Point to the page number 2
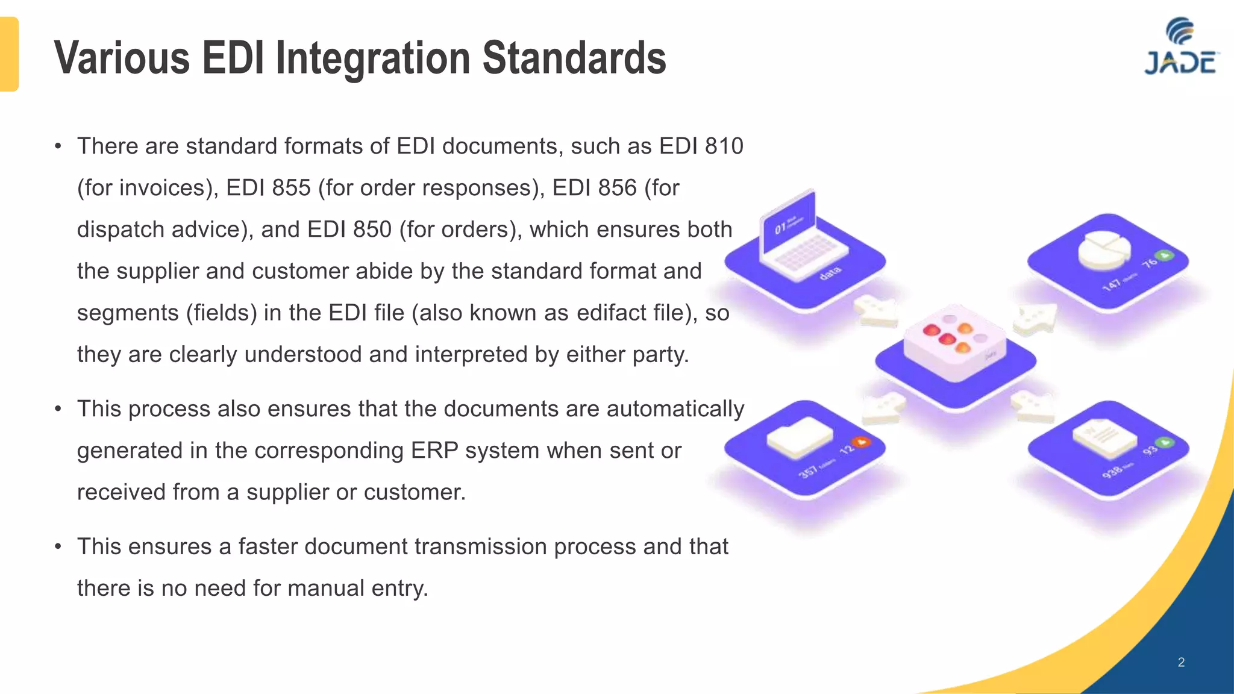(x=1181, y=662)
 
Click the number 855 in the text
(x=291, y=188)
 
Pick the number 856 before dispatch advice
(x=617, y=188)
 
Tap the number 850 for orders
(x=372, y=230)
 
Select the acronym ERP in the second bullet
(x=434, y=451)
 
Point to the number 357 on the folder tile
(x=809, y=471)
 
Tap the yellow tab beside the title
(x=9, y=54)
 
